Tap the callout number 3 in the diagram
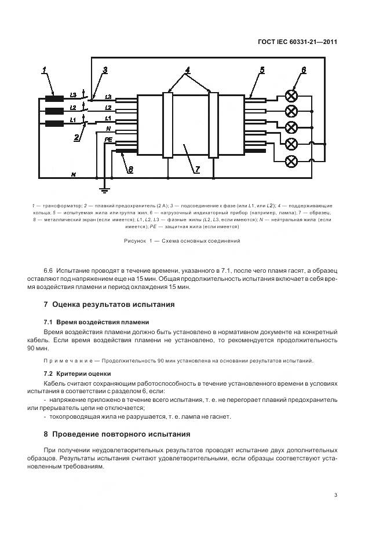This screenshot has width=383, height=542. tap(104, 71)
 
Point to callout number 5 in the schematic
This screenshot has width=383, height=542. tap(262, 71)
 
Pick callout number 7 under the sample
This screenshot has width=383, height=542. tap(197, 169)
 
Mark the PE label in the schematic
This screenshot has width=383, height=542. tap(108, 140)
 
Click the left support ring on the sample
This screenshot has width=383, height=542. tap(167, 124)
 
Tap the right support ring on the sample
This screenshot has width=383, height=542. tap(213, 124)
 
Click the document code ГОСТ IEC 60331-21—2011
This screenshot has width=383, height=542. tap(297, 42)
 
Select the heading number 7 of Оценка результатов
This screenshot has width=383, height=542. tap(46, 304)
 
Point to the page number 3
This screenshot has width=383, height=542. tap(335, 495)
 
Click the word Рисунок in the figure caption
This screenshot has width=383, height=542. tap(136, 241)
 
